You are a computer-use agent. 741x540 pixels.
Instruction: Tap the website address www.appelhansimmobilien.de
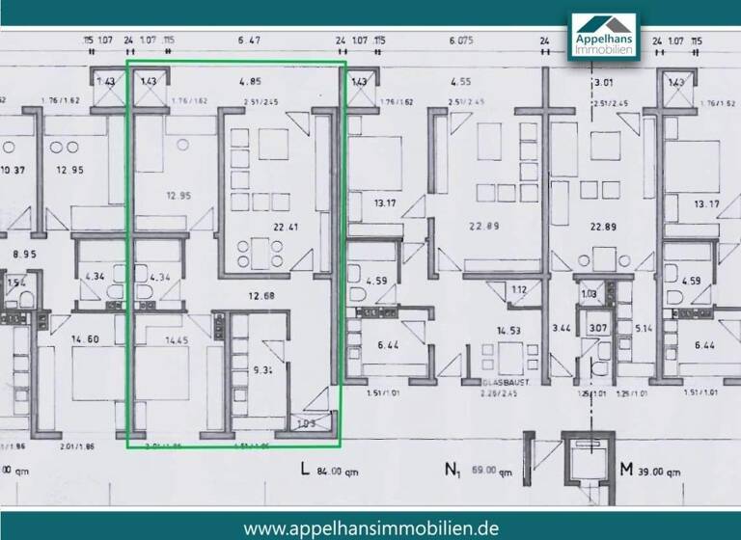[x=370, y=527]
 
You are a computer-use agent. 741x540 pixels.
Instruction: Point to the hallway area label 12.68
[x=261, y=296]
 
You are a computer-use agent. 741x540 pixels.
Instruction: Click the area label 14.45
[x=150, y=339]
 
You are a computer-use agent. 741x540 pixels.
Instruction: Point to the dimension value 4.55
[x=459, y=82]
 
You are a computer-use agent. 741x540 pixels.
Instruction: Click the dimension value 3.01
[x=606, y=82]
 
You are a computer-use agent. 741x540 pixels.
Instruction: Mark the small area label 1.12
[x=519, y=288]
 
